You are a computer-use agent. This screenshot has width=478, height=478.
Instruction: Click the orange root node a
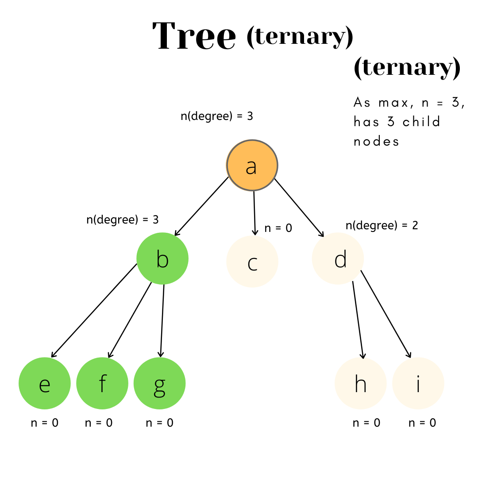tap(252, 166)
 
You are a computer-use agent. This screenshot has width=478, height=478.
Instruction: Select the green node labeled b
tap(162, 258)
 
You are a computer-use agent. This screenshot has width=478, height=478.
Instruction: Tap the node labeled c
tap(252, 262)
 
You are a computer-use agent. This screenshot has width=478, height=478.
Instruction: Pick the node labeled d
tap(338, 258)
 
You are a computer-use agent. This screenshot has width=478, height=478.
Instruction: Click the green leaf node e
tap(45, 383)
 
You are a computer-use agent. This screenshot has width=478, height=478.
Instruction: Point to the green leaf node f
tap(102, 383)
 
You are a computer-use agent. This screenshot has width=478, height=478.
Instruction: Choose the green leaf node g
tap(160, 383)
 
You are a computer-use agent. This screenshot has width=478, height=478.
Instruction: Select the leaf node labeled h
tap(361, 383)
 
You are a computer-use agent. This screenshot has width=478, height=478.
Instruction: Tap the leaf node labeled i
tap(418, 383)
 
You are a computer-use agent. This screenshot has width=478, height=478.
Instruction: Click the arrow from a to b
tap(201, 206)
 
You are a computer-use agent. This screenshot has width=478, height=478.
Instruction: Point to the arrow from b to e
tap(94, 311)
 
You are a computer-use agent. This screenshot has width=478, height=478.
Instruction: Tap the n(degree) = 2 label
tap(382, 225)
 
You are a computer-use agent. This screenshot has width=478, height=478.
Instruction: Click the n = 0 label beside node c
tap(278, 228)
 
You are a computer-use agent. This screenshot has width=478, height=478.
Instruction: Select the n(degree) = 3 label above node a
tap(216, 116)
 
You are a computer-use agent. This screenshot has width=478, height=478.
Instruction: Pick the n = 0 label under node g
tap(159, 423)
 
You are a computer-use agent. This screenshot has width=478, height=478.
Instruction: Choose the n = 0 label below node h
tap(366, 423)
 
